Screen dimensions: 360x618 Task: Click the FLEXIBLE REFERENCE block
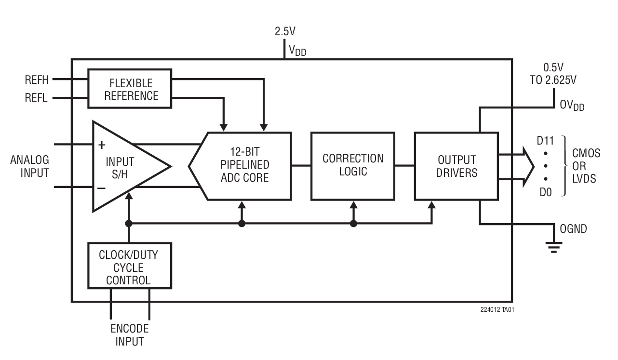[130, 88]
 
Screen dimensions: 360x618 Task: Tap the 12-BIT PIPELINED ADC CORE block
[243, 166]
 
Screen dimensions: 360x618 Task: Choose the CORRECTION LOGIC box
[353, 165]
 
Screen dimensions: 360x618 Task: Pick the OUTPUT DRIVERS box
[456, 166]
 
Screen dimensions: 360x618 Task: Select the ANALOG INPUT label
[29, 166]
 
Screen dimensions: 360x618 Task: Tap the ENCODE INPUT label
[129, 335]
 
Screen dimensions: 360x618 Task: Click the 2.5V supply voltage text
[285, 32]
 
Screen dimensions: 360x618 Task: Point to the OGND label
[573, 229]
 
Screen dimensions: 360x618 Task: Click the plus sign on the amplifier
[102, 145]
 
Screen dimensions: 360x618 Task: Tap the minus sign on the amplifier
[102, 188]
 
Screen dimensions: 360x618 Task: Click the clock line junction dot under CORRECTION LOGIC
[353, 224]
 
